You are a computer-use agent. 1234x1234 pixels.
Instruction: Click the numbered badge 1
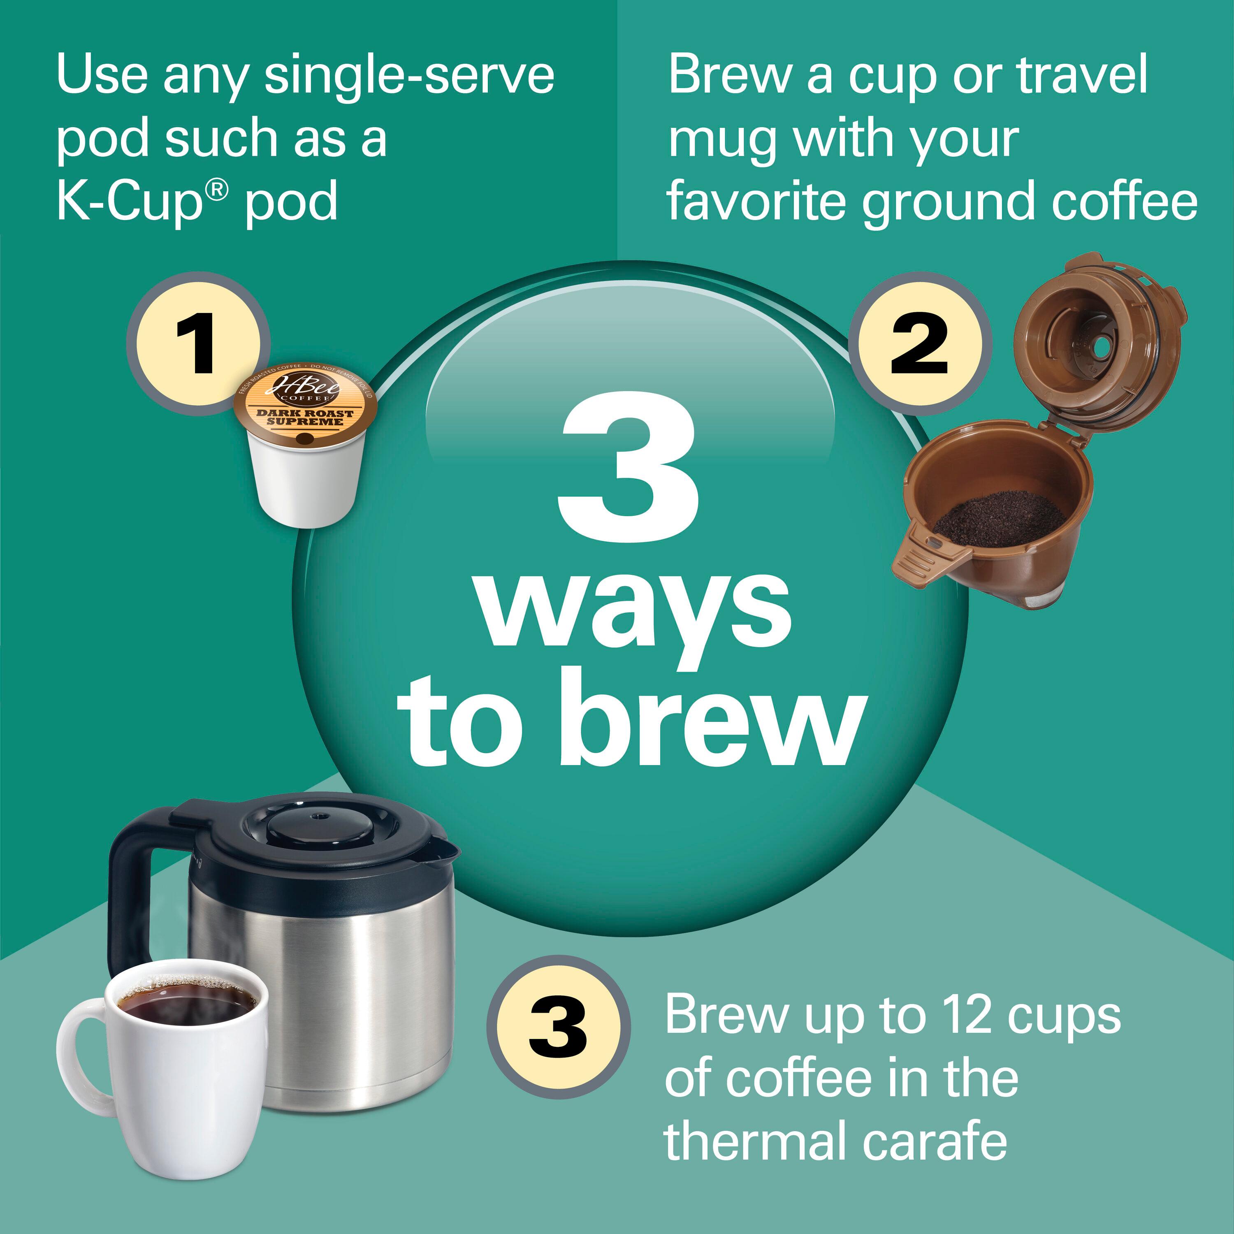(199, 343)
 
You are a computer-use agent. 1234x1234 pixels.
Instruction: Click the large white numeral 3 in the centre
(629, 468)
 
